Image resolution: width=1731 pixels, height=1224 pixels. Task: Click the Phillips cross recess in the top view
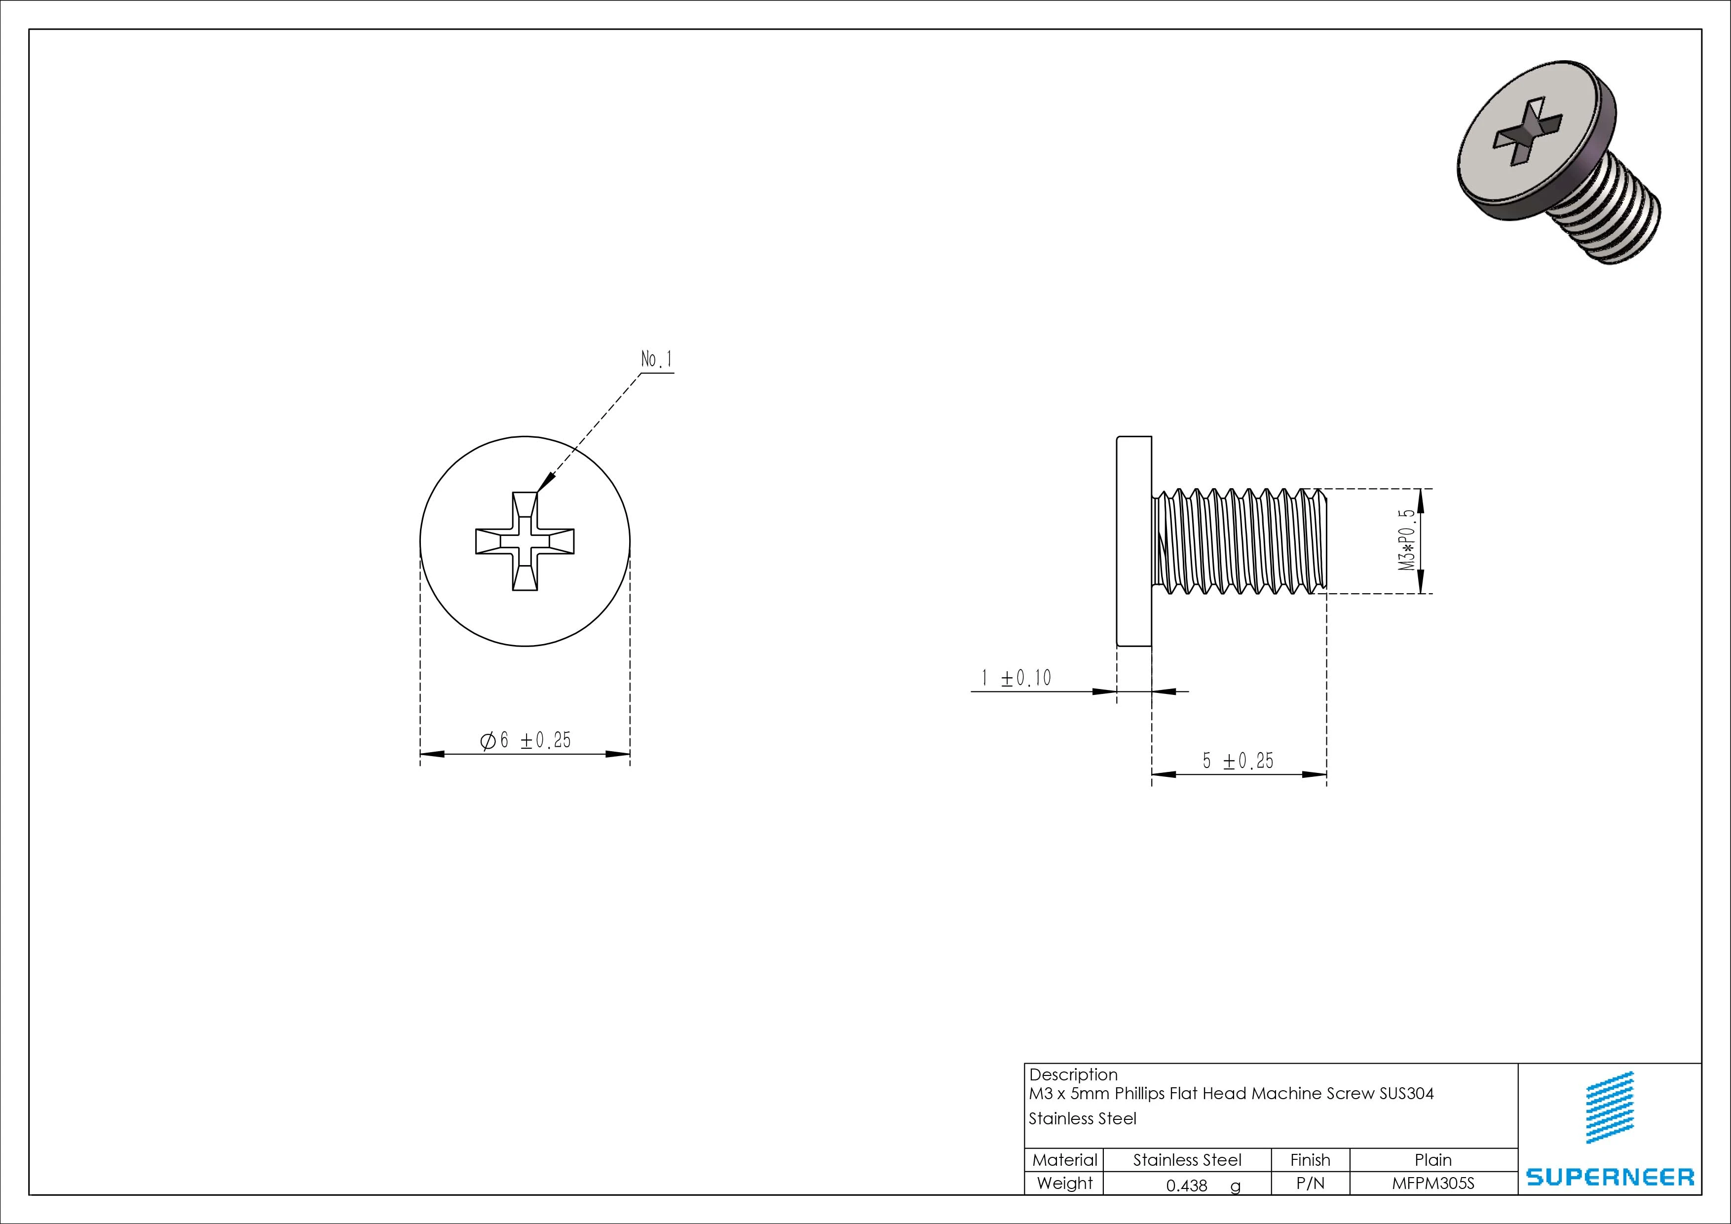pyautogui.click(x=525, y=541)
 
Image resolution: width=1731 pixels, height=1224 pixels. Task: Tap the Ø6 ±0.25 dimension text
pyautogui.click(x=526, y=741)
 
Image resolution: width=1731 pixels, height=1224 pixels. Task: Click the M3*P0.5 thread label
pyautogui.click(x=1407, y=540)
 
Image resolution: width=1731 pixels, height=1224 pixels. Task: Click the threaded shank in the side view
pyautogui.click(x=1240, y=541)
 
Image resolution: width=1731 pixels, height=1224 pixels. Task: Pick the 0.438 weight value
pyautogui.click(x=1187, y=1186)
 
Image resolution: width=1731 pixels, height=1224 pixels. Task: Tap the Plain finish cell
pyautogui.click(x=1432, y=1160)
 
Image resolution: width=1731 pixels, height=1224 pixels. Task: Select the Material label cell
pyautogui.click(x=1064, y=1160)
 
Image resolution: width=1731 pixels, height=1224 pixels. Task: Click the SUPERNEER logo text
pyautogui.click(x=1610, y=1177)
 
